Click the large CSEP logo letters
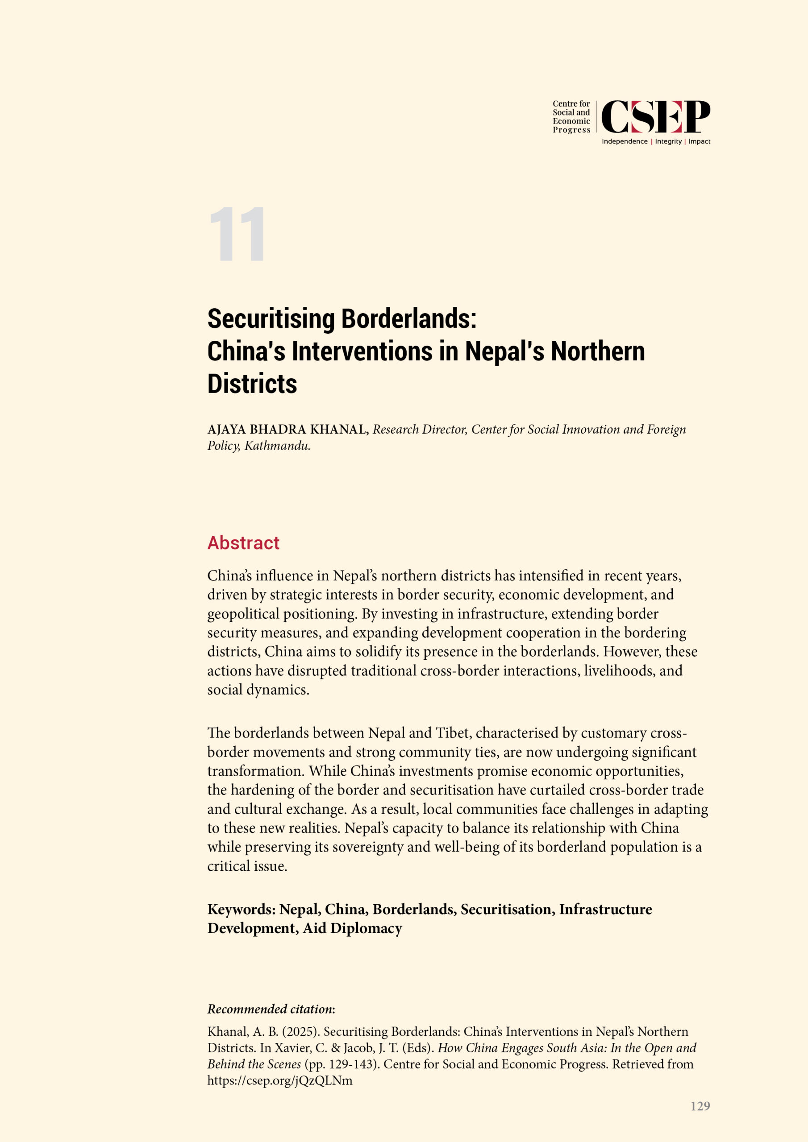pos(655,116)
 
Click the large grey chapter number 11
pos(237,234)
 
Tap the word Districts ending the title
pos(252,384)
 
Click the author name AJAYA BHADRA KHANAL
pos(287,429)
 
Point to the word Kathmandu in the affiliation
pos(277,446)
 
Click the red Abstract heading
pos(243,542)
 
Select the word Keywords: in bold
pos(241,909)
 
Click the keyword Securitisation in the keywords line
pos(507,909)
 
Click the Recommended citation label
pos(271,1009)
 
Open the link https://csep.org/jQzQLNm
pos(280,1080)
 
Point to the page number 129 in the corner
pos(700,1106)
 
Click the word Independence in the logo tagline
pos(624,141)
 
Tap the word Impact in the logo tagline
pos(699,141)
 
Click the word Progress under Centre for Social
pos(571,130)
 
